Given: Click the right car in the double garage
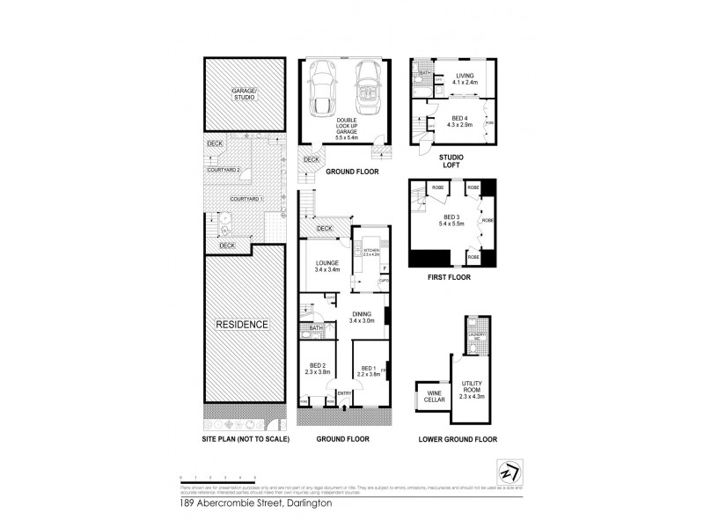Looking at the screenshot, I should pos(365,87).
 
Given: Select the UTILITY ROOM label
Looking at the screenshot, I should pos(471,388).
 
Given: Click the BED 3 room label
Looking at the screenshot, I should pos(451,220).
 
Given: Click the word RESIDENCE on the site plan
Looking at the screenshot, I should pos(243,325).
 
